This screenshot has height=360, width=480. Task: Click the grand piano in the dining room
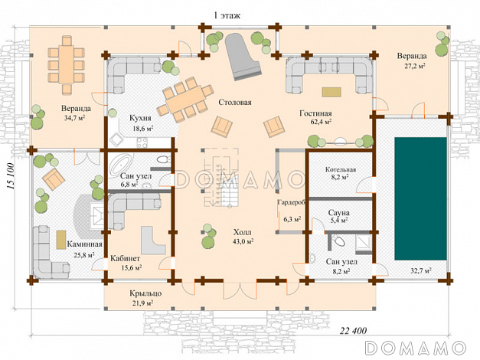click(242, 57)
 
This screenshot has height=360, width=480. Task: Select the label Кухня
click(140, 118)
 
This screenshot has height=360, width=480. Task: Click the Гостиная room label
click(315, 113)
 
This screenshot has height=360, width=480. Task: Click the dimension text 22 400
click(353, 331)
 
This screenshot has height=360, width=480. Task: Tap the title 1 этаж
click(227, 15)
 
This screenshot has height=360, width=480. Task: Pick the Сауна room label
click(339, 213)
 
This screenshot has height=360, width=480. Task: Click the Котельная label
click(341, 169)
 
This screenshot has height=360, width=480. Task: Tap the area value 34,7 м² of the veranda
click(74, 117)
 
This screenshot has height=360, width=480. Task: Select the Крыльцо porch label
click(145, 293)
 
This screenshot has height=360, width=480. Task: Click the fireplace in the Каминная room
click(96, 216)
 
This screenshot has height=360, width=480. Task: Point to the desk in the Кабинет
click(153, 240)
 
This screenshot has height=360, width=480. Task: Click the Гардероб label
click(291, 202)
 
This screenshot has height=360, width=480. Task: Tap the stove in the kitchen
click(142, 142)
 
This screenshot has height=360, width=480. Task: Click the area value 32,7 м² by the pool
click(421, 270)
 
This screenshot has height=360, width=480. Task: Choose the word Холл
click(242, 232)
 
